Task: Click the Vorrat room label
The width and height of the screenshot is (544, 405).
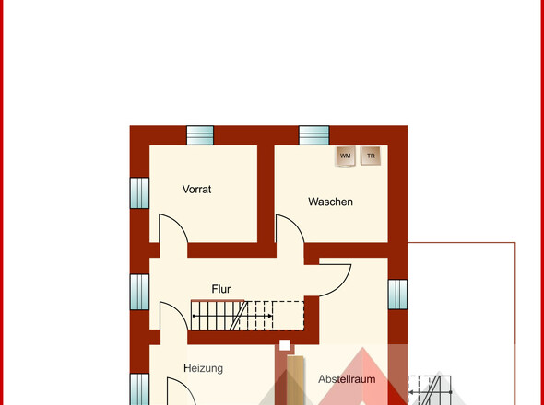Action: click(x=196, y=190)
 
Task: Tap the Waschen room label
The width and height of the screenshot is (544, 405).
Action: click(x=330, y=202)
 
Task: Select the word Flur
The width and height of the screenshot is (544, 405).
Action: click(x=221, y=289)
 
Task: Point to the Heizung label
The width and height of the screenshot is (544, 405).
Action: click(x=203, y=368)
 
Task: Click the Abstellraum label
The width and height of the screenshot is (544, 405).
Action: click(x=347, y=379)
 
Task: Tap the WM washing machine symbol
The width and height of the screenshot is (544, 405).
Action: click(x=345, y=156)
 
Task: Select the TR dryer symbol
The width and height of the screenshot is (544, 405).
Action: click(x=371, y=156)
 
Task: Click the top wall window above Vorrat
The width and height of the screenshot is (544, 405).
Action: click(x=200, y=135)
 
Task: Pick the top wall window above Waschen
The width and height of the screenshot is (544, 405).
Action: click(x=314, y=135)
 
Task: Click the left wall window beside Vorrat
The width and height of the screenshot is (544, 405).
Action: click(x=139, y=193)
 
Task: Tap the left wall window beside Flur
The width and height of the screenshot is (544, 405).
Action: click(x=139, y=292)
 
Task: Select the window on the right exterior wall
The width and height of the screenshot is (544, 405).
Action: click(x=397, y=295)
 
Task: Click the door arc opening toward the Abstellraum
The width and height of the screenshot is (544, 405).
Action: click(x=343, y=286)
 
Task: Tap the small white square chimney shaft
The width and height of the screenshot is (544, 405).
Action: click(x=285, y=345)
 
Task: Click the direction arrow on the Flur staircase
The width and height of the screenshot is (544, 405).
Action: click(x=232, y=316)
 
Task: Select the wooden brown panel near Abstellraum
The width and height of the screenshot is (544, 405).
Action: click(x=296, y=380)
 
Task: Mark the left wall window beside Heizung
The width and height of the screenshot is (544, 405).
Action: click(x=139, y=389)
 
